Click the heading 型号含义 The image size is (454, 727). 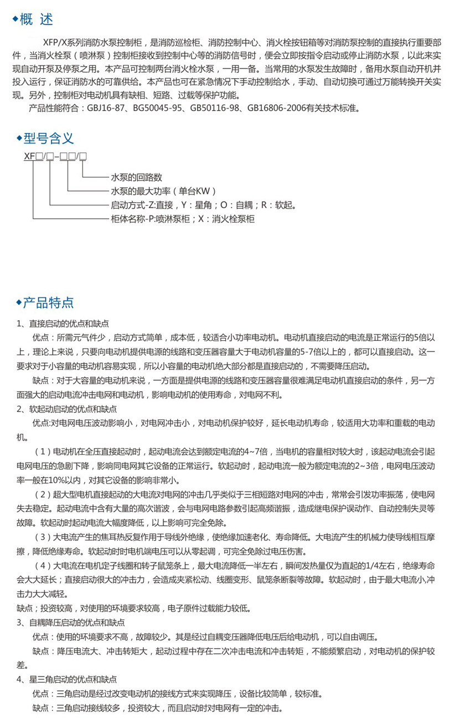[48, 139]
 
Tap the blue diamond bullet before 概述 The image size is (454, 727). [15, 21]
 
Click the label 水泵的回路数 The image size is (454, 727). [137, 178]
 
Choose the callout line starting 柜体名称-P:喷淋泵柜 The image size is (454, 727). [183, 219]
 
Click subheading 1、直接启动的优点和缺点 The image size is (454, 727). [63, 324]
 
